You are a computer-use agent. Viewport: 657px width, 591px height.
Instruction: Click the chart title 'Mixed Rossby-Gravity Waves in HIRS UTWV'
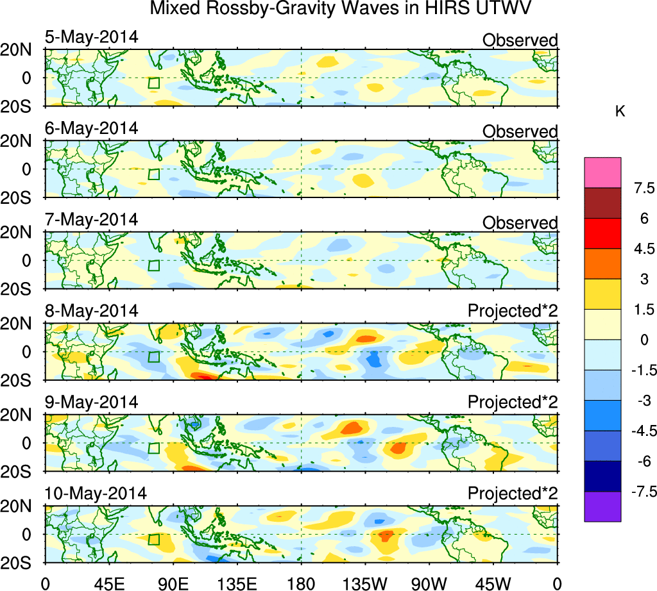tap(341, 9)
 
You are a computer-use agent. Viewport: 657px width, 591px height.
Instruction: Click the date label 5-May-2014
tap(91, 37)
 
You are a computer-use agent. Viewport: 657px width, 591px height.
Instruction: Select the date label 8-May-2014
tap(91, 311)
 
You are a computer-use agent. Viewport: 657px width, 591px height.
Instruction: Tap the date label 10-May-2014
tap(95, 494)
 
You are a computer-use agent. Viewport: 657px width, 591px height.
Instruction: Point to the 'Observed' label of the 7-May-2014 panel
tap(520, 222)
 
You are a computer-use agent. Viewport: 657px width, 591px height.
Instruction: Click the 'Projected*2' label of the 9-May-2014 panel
tap(513, 403)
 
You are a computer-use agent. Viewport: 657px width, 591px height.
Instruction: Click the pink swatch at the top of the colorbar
tap(602, 172)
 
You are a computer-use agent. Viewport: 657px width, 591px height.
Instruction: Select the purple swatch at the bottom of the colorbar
tap(602, 506)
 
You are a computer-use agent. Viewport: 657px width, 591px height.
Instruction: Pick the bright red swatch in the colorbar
tap(602, 233)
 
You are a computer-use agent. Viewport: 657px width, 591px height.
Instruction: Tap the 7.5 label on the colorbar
tap(642, 188)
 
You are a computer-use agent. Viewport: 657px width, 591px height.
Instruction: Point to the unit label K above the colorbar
tap(620, 112)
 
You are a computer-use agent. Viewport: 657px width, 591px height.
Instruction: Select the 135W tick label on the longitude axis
tap(365, 583)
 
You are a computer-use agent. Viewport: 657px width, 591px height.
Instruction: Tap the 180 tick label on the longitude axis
tap(302, 583)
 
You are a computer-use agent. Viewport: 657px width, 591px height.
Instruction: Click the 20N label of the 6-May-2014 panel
tap(21, 141)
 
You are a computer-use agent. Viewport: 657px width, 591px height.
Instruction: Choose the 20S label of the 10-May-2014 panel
tap(21, 562)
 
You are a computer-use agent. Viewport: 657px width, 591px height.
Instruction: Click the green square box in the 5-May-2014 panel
tap(153, 83)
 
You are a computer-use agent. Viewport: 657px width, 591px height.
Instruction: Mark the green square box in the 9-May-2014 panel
tap(153, 448)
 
